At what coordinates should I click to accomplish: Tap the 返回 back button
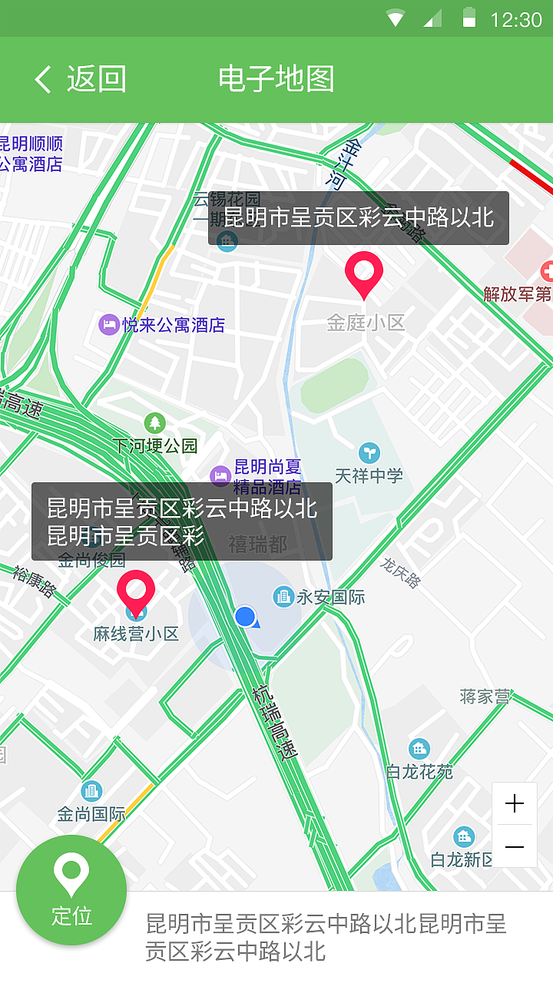80,79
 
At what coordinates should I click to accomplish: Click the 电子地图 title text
276,79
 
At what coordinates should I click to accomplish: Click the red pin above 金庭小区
364,273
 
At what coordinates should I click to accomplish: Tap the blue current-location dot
245,616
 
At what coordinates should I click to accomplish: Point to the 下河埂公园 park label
155,445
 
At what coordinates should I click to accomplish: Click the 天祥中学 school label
369,475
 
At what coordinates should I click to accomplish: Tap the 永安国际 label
330,597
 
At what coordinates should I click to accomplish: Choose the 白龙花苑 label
419,772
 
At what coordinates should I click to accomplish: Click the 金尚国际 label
91,813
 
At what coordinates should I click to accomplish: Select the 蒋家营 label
485,697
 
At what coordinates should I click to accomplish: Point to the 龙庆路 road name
400,573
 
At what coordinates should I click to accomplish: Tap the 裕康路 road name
35,581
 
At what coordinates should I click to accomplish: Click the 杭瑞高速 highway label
274,723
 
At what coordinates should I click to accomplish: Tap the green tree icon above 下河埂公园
155,422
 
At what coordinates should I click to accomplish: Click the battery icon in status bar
469,18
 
